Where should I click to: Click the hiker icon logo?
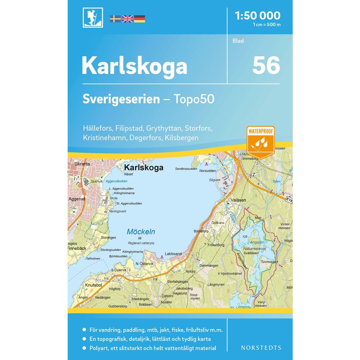93,18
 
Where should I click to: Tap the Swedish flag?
115,19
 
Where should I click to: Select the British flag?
127,19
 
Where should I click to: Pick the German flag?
139,19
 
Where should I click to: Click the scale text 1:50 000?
257,15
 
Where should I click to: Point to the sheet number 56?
266,66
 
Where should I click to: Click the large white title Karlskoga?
134,66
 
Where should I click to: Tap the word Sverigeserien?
121,99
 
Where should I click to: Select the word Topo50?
195,99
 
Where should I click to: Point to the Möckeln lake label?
141,232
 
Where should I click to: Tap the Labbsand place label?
173,253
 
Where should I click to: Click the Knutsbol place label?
94,285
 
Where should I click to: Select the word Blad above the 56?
238,41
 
